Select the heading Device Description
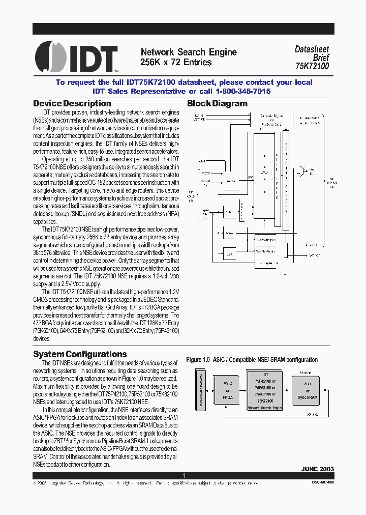coord(72,104)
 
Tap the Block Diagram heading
coord(217,104)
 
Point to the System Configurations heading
coord(80,354)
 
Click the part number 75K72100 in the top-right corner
coord(312,66)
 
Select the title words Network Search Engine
coord(188,52)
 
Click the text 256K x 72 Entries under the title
coord(175,62)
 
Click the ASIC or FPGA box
coord(227,390)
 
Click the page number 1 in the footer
coord(184,475)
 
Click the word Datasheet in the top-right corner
coord(312,49)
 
